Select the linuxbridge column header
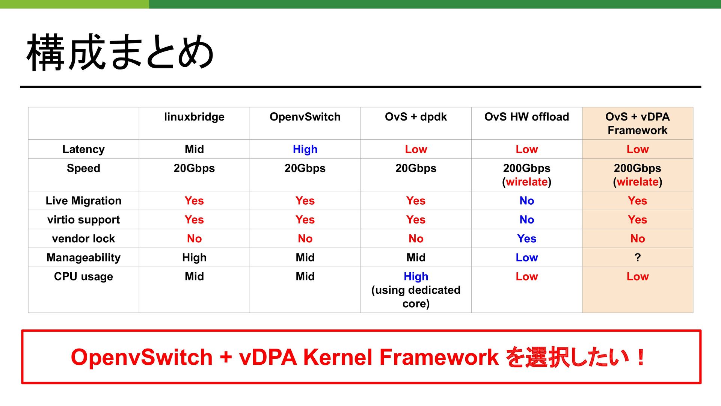194,117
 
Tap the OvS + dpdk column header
416,117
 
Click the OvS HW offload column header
526,117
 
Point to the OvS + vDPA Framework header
638,123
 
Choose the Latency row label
83,149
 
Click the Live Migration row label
83,201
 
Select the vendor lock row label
83,238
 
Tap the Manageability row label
83,258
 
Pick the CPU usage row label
83,276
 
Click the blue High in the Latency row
305,149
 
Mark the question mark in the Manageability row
638,257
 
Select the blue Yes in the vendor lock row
526,238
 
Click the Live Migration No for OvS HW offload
526,201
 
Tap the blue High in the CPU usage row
416,276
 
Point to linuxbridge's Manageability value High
194,258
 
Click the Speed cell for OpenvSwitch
305,168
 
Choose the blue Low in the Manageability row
526,258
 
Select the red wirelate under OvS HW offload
526,182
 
